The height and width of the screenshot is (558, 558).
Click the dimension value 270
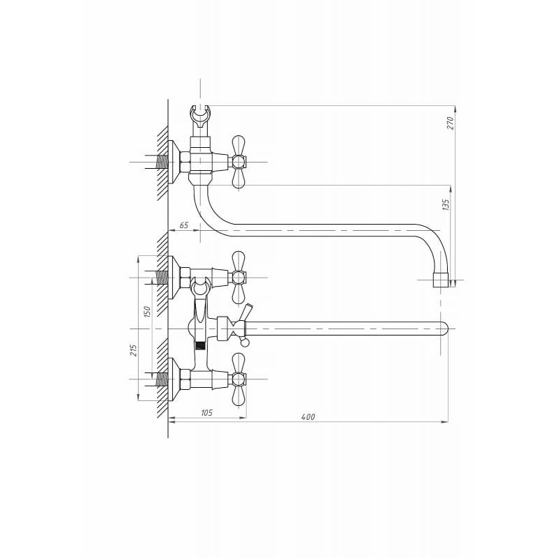click(x=451, y=123)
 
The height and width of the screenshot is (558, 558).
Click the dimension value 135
click(x=446, y=205)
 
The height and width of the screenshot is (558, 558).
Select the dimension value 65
click(x=183, y=225)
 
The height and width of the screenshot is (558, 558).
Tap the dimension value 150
click(x=147, y=312)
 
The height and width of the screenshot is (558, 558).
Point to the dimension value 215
click(x=133, y=350)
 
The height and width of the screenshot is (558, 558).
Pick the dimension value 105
click(x=206, y=412)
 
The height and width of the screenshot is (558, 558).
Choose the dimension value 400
click(x=308, y=416)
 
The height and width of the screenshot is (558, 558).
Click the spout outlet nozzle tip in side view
click(x=441, y=280)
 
